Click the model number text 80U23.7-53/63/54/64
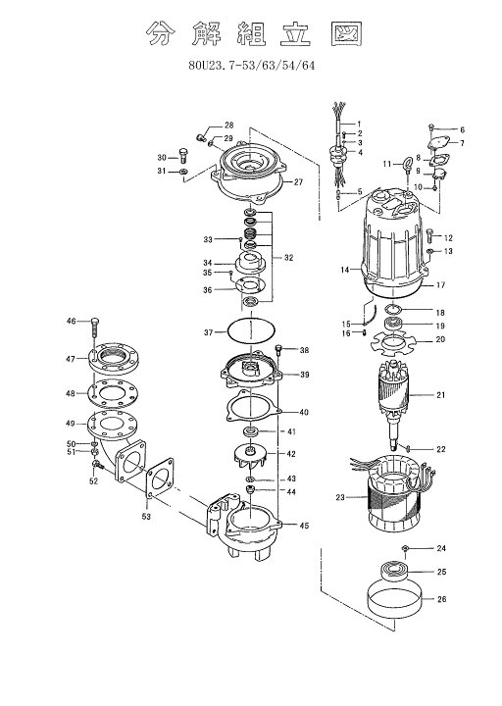(x=252, y=66)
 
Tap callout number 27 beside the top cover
(x=298, y=182)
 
